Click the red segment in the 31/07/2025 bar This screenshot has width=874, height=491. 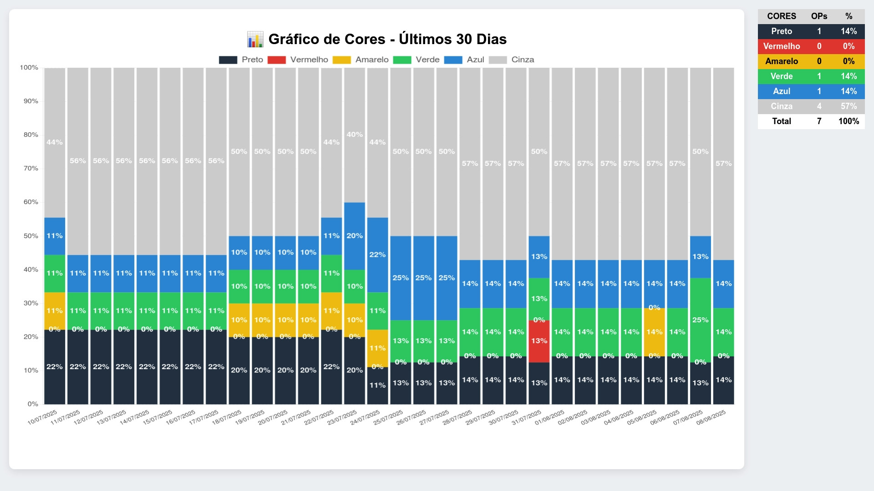click(x=539, y=341)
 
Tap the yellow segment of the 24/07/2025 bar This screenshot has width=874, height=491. click(x=377, y=348)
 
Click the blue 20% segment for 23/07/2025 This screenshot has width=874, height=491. click(x=355, y=236)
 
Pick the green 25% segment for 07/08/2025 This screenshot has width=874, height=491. click(x=700, y=320)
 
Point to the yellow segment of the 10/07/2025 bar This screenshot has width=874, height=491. click(x=55, y=311)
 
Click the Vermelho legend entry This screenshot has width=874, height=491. click(x=298, y=60)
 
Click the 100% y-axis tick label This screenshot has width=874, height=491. click(x=29, y=68)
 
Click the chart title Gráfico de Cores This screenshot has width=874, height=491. click(x=387, y=39)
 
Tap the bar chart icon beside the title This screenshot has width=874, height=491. click(x=255, y=39)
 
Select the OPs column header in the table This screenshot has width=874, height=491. click(x=819, y=16)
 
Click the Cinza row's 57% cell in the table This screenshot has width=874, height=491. click(x=849, y=106)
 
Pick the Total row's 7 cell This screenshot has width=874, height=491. click(x=819, y=121)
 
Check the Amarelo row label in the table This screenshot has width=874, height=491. click(x=782, y=61)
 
